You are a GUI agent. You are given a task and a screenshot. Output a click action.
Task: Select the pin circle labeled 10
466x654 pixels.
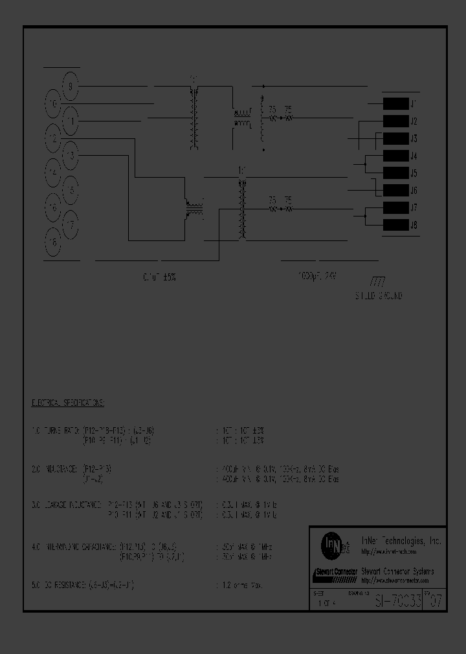click(x=54, y=103)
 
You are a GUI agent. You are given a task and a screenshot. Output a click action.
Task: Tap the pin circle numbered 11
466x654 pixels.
click(x=71, y=120)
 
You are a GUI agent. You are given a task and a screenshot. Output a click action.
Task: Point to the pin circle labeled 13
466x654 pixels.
click(x=71, y=156)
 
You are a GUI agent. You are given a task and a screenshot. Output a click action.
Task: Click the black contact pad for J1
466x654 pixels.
click(x=395, y=103)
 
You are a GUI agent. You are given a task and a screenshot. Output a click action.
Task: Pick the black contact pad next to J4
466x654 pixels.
click(x=395, y=156)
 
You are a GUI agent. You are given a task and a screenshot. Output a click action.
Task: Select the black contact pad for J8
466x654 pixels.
click(x=395, y=226)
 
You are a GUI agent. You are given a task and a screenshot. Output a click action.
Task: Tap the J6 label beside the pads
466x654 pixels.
click(x=414, y=191)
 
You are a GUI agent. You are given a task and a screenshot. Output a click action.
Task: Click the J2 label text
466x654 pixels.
click(x=414, y=121)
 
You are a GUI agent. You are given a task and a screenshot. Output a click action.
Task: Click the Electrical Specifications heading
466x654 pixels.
click(x=68, y=402)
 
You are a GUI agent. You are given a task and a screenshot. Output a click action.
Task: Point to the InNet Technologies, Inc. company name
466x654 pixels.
click(x=401, y=541)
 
